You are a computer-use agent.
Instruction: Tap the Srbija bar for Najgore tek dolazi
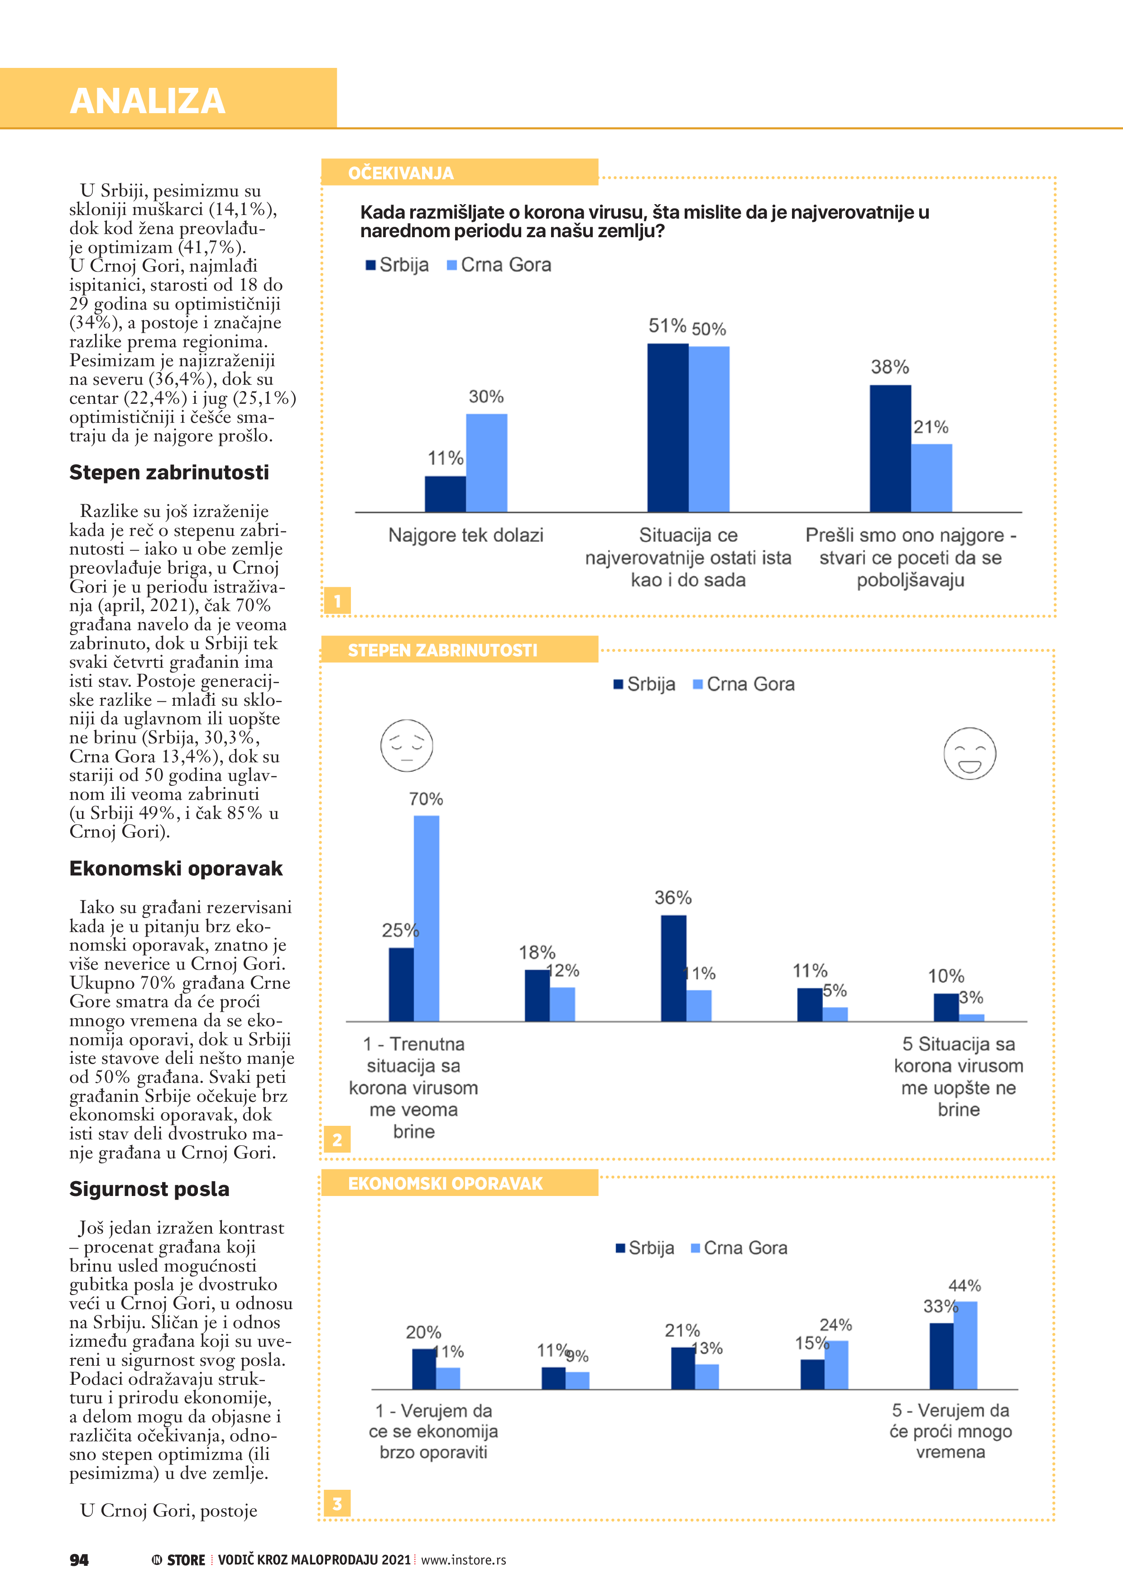[x=445, y=494]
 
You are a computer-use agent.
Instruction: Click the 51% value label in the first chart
[x=667, y=326]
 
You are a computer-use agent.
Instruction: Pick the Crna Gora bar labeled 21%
[x=931, y=478]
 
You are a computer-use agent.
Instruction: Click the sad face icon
[x=407, y=746]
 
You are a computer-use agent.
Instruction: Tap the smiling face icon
[x=969, y=754]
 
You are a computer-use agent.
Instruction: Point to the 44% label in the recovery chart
[x=965, y=1286]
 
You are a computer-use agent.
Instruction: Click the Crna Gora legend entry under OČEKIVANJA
[x=499, y=265]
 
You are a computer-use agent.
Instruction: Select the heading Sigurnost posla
[x=149, y=1189]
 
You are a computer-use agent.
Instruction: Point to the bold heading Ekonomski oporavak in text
[x=176, y=869]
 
